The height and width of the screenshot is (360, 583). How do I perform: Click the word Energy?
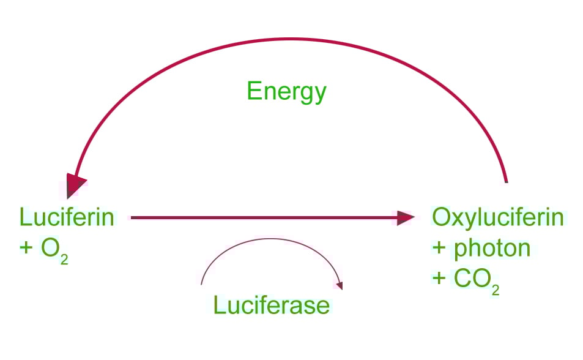(286, 92)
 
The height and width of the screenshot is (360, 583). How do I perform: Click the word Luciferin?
(67, 217)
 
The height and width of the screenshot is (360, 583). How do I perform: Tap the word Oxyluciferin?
(497, 217)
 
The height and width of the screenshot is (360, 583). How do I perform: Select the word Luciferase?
(271, 304)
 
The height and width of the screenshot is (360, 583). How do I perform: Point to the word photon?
(490, 248)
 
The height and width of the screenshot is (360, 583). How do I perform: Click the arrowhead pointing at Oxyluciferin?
(404, 217)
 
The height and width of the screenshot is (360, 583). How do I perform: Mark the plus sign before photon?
(439, 249)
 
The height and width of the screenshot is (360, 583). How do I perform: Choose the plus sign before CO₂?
(439, 279)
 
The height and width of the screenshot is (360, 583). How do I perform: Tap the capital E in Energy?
(253, 92)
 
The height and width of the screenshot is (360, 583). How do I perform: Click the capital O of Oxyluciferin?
(442, 217)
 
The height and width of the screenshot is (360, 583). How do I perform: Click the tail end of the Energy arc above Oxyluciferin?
(506, 181)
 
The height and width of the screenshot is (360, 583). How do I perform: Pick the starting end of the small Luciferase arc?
(202, 283)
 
